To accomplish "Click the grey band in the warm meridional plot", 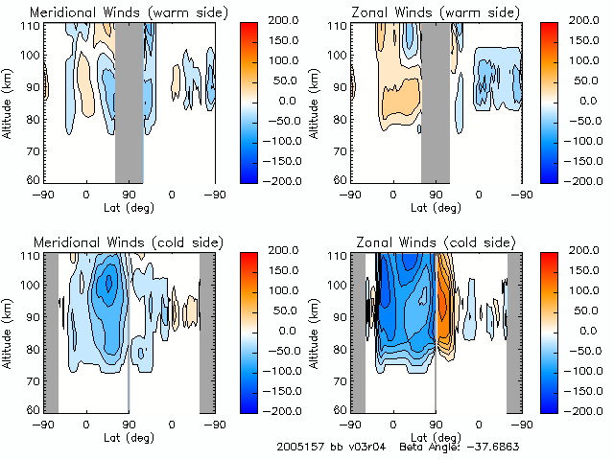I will pos(129,101).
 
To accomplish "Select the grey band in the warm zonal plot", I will pos(435,101).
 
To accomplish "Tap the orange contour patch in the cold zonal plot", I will pos(446,297).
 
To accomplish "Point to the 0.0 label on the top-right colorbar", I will pos(588,100).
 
